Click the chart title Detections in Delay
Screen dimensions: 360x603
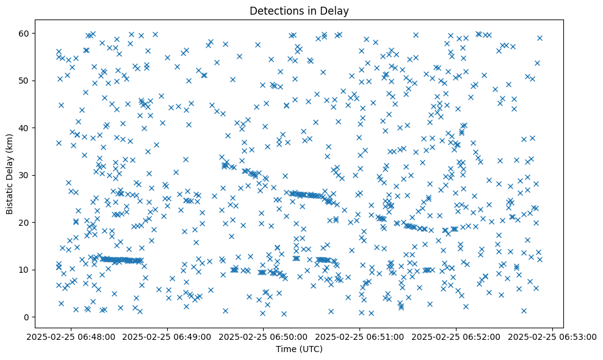coord(299,10)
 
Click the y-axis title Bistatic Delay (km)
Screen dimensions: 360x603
coord(10,174)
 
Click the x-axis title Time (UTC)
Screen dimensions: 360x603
coord(299,350)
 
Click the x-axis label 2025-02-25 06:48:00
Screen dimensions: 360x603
coord(70,336)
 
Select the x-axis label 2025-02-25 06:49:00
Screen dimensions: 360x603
coord(167,336)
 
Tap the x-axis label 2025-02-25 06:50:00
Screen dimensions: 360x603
coord(263,336)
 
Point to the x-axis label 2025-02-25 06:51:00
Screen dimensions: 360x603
coord(359,336)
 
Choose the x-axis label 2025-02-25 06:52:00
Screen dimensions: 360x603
coord(457,336)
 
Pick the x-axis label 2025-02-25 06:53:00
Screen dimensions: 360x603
coord(553,336)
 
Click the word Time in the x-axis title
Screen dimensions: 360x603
coord(286,350)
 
